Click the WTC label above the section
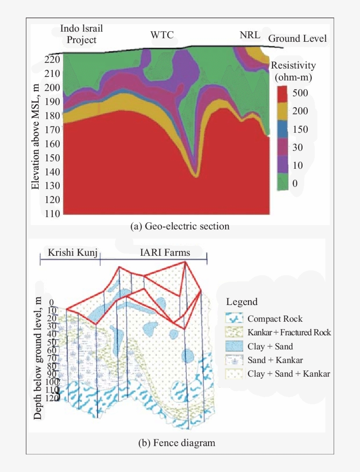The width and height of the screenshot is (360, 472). [162, 35]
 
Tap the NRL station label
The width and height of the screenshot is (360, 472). [250, 35]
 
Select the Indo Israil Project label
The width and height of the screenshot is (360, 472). [81, 35]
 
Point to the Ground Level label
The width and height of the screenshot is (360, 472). [297, 39]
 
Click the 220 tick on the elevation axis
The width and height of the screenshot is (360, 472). [52, 60]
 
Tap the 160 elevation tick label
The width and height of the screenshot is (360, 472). [52, 144]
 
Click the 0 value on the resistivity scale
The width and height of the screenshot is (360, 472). [295, 183]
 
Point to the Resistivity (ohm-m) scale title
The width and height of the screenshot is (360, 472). [293, 72]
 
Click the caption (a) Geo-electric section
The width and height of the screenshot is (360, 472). [180, 227]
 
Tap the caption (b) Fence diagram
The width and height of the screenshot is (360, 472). [177, 443]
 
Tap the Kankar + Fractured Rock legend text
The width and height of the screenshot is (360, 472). [289, 333]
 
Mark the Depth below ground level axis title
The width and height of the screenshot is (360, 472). [38, 358]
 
